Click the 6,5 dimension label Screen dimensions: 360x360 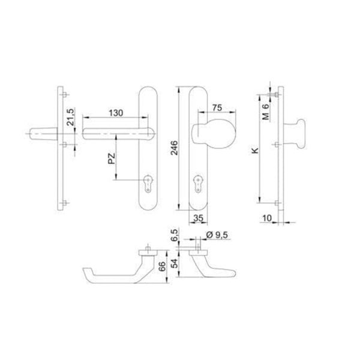coord(173,234)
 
